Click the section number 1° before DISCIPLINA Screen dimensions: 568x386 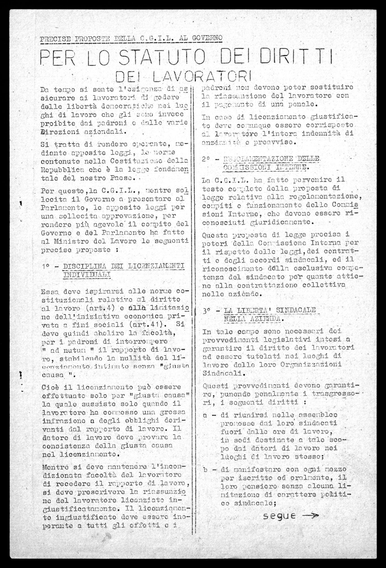point(47,266)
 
